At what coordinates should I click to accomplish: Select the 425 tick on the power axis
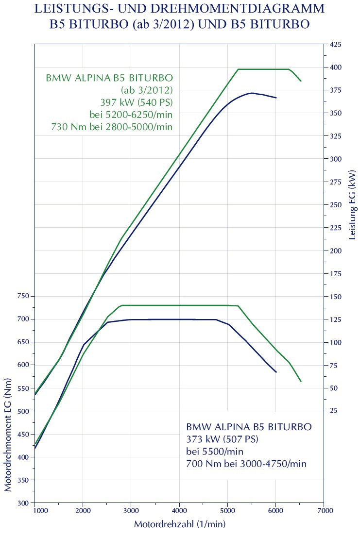(x=335, y=45)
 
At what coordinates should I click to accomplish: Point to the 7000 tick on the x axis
(x=324, y=511)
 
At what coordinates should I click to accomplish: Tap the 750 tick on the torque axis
(x=22, y=296)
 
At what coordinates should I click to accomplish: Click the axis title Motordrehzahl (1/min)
(x=179, y=525)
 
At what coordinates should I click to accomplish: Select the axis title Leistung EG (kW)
(x=352, y=204)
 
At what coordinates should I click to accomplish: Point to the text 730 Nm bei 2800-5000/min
(x=112, y=127)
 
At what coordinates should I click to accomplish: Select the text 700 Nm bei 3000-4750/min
(x=246, y=464)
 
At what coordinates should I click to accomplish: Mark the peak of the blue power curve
(x=251, y=93)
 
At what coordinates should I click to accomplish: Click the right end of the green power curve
(x=301, y=81)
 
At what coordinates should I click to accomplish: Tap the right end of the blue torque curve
(x=276, y=372)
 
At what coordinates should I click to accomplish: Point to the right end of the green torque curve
(x=301, y=382)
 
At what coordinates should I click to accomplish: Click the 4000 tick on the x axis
(x=179, y=511)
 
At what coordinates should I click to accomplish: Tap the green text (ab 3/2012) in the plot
(x=147, y=90)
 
